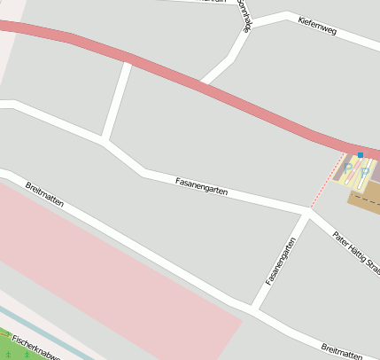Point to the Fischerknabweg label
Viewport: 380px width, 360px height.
pos(35,348)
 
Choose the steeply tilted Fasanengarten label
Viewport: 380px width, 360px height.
pos(281,262)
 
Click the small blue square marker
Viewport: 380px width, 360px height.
pos(361,155)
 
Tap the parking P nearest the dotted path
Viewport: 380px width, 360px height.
pos(348,166)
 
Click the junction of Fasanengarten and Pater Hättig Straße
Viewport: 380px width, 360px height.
pos(309,211)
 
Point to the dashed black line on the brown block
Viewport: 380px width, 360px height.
pos(367,200)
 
